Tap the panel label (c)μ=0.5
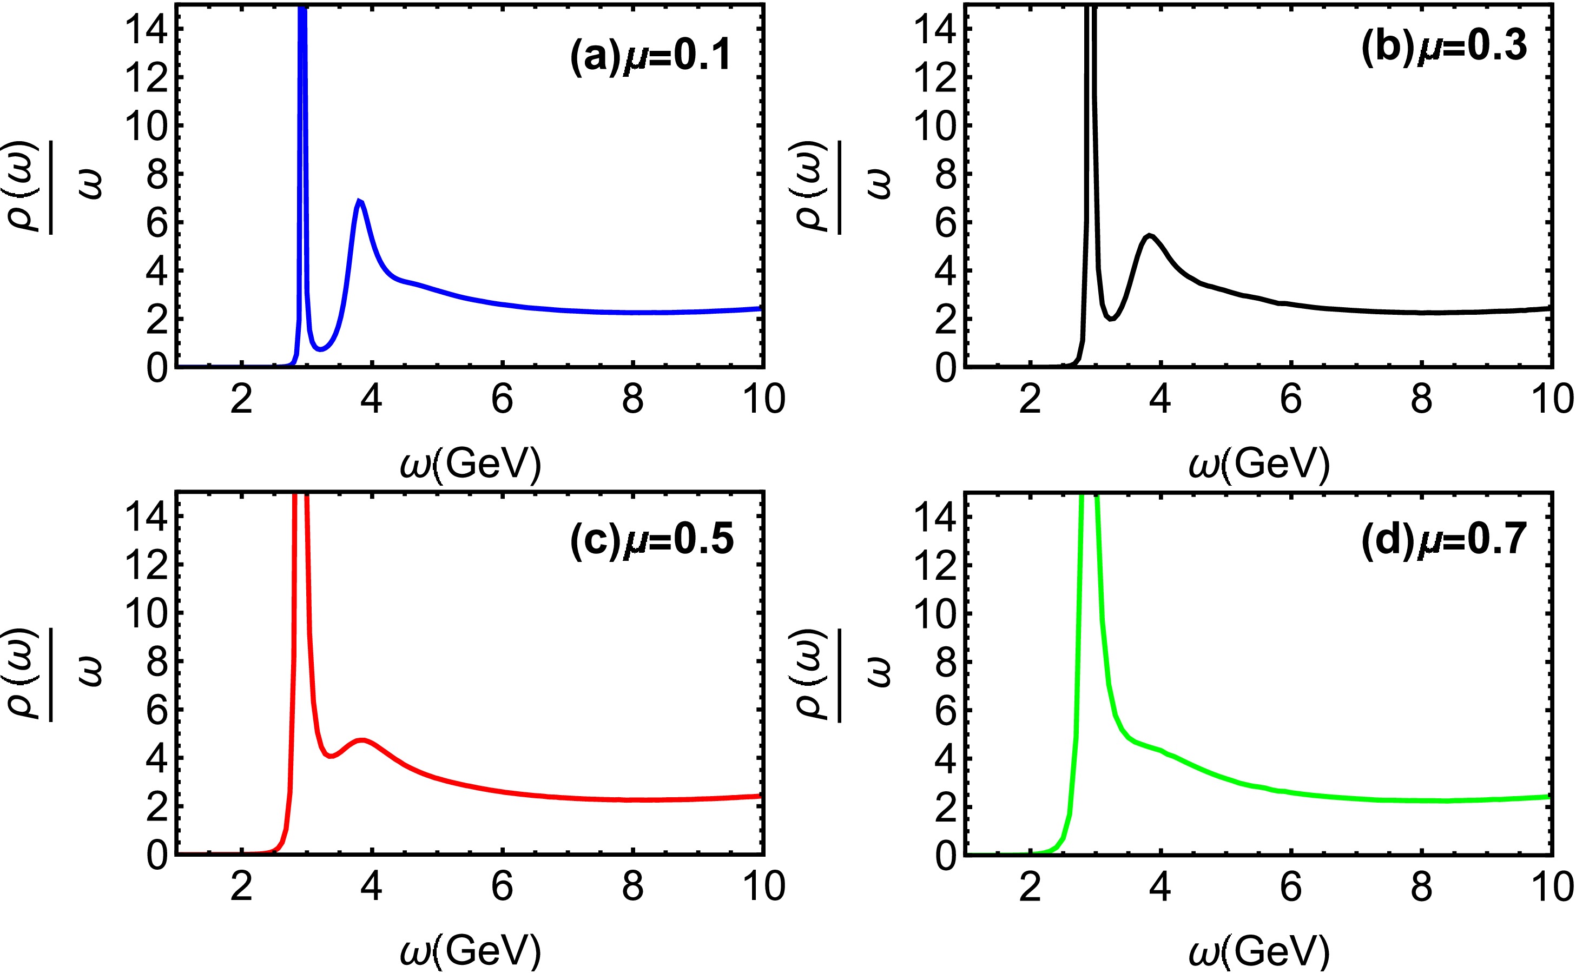click(651, 539)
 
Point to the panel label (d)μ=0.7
click(1443, 539)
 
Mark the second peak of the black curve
click(1149, 235)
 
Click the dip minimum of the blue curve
click(321, 349)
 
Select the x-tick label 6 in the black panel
click(1290, 400)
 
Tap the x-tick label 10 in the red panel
click(764, 887)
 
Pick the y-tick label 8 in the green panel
click(944, 662)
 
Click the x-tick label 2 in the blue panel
click(241, 400)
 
